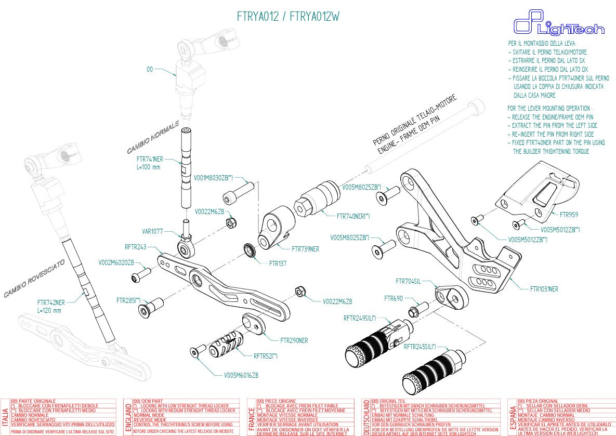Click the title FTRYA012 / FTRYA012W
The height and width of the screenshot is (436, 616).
289,16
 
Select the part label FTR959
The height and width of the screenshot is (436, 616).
569,214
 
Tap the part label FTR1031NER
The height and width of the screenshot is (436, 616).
544,289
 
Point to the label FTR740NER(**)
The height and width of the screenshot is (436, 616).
353,216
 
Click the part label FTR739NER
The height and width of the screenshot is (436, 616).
305,249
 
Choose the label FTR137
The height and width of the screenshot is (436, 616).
278,263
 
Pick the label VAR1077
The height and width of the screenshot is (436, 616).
152,232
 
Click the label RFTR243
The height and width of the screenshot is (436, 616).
136,247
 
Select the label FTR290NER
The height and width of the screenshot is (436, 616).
294,340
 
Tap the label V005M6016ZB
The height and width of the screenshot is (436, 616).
241,375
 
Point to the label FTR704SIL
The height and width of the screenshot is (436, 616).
408,281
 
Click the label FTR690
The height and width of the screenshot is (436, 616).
394,298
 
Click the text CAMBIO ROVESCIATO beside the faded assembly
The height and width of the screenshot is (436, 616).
34,279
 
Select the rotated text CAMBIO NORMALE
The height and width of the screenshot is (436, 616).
153,137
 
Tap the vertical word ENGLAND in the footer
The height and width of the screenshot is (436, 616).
129,417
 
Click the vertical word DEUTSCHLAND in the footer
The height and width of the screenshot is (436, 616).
366,417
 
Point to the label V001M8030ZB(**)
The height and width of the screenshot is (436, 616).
213,177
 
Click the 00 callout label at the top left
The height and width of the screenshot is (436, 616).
150,69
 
